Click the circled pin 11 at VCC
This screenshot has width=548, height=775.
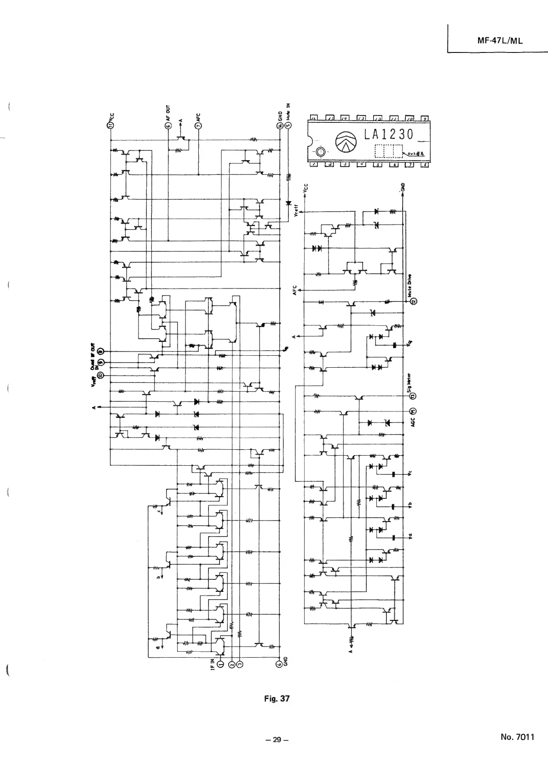coord(110,126)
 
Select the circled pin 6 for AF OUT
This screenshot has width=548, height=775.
coord(168,126)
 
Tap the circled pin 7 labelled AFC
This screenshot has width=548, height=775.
coord(198,126)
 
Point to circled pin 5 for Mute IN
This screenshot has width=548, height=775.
coord(288,125)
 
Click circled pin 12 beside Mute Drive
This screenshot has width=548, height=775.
coord(413,301)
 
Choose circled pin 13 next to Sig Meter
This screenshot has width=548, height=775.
coord(413,396)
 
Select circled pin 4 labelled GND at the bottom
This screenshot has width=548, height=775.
coord(279,664)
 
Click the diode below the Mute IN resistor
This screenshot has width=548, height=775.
coord(288,202)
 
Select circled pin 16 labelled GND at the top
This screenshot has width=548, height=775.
coord(279,125)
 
